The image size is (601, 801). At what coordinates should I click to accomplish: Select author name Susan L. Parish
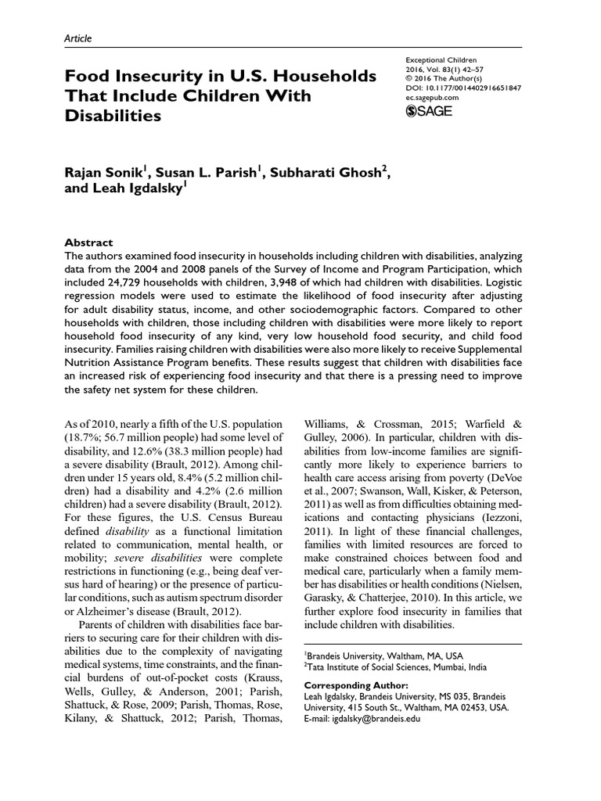click(x=212, y=174)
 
